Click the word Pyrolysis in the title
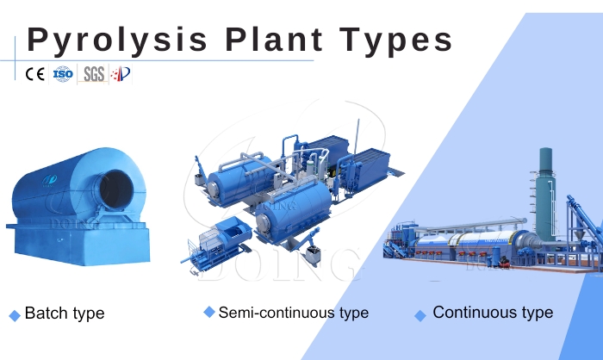click(117, 40)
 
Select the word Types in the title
click(401, 40)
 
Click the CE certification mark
click(35, 74)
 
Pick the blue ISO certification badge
click(63, 74)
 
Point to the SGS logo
click(93, 74)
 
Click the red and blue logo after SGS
click(121, 74)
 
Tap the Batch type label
click(65, 313)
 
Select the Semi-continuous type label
click(293, 312)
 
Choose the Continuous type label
click(493, 312)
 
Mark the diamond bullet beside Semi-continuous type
click(208, 312)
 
